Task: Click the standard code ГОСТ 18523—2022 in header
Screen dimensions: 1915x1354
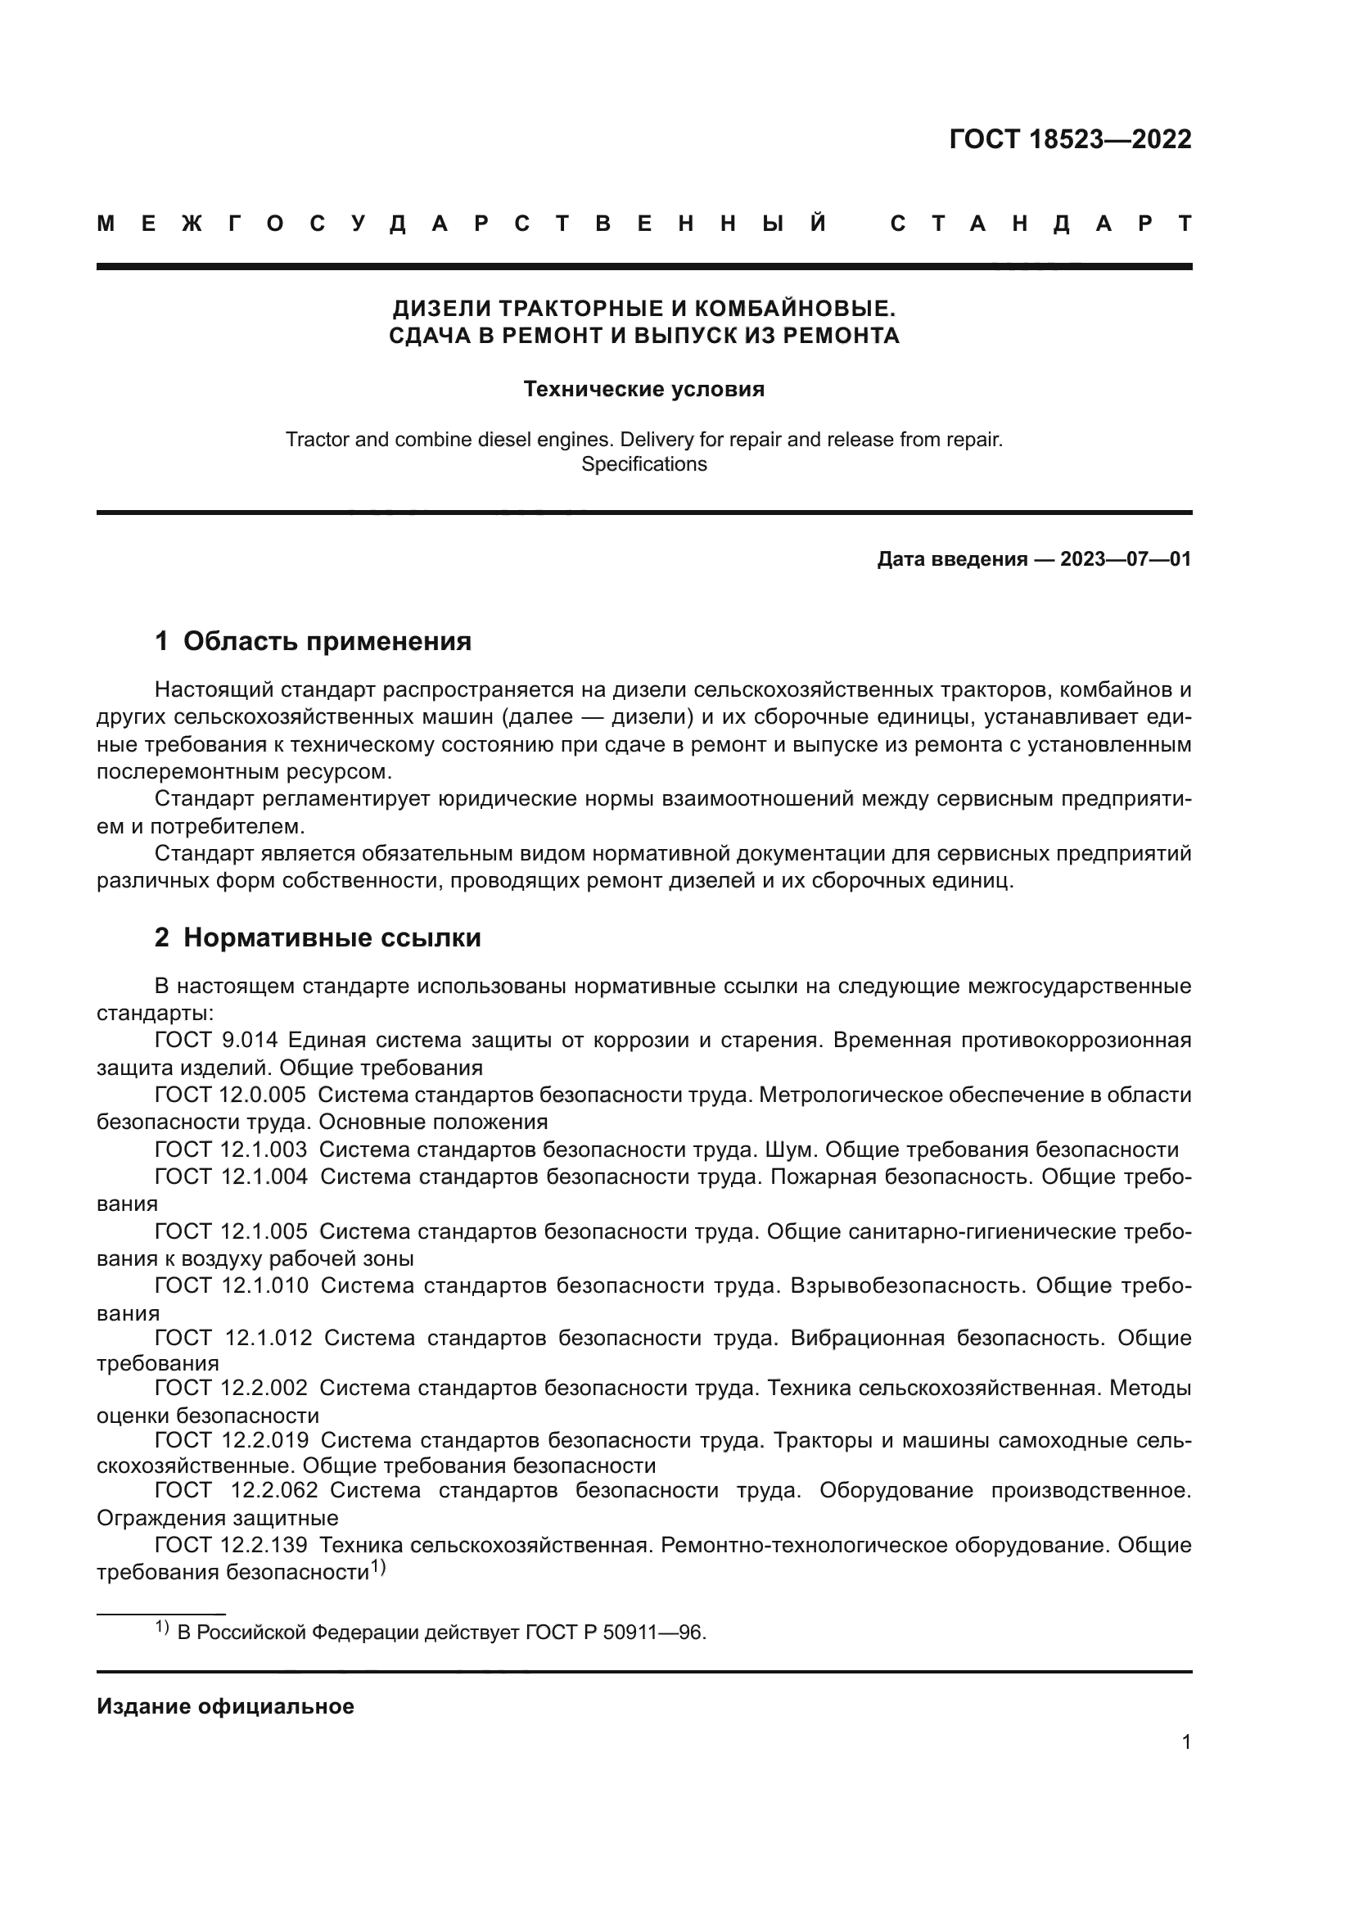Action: (1070, 139)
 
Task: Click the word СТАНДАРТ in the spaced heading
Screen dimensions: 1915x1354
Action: (1041, 224)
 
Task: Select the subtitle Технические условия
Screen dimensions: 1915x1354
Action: (643, 390)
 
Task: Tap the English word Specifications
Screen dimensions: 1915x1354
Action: (643, 464)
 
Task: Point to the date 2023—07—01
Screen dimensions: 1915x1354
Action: (1126, 560)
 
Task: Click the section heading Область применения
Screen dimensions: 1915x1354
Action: (327, 641)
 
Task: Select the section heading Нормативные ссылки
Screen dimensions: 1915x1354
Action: (332, 938)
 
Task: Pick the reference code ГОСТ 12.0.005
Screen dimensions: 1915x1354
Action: (230, 1095)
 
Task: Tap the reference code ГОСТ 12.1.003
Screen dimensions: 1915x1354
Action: (230, 1150)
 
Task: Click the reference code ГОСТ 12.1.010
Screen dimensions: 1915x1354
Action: (231, 1286)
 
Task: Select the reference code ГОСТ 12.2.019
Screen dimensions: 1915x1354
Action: (231, 1440)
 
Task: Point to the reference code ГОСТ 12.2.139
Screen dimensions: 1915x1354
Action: (230, 1546)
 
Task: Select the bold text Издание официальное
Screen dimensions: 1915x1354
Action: (225, 1706)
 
